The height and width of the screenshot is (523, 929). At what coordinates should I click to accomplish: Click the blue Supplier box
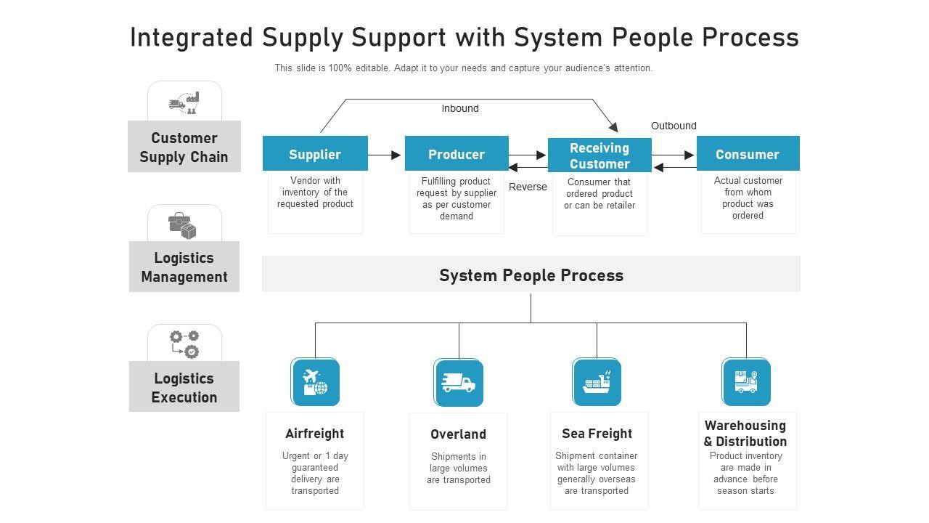pos(315,153)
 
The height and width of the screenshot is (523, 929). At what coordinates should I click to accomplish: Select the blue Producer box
pos(457,153)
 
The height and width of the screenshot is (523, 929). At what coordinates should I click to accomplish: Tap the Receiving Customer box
pos(599,155)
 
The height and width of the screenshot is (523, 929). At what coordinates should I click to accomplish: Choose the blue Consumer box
pos(748,153)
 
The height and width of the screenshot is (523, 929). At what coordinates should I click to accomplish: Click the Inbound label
pos(460,108)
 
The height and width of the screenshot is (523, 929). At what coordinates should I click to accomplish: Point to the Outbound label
pos(674,126)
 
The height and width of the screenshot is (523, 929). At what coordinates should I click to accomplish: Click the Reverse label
pos(528,187)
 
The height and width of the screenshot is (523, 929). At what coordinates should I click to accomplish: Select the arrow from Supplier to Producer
pos(385,155)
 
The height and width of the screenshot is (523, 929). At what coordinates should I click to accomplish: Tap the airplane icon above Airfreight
pos(315,382)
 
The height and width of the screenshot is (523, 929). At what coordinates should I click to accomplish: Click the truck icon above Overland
pos(459,382)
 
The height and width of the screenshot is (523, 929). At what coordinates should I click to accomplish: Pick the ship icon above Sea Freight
pos(597,382)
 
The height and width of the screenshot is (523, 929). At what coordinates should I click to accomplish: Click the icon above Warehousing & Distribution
pos(746,382)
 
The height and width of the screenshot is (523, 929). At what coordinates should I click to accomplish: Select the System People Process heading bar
pos(531,275)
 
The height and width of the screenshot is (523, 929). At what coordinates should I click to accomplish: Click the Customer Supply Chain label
pos(184,147)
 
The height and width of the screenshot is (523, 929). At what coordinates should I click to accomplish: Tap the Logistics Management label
pos(184,267)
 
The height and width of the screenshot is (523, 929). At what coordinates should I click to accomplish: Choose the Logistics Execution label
pos(184,387)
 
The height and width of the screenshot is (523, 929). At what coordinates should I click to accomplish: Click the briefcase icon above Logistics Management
pos(183,225)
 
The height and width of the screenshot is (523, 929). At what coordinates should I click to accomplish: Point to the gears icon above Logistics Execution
pos(184,344)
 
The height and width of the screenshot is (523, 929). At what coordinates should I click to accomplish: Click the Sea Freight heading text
pos(597,434)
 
